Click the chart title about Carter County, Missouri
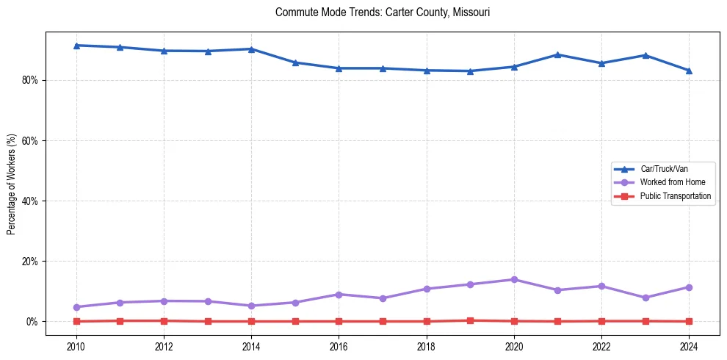click(382, 12)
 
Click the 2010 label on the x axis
click(76, 345)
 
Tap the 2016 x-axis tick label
click(339, 345)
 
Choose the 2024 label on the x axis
click(689, 345)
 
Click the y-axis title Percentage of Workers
click(12, 184)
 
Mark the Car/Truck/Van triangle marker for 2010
click(76, 46)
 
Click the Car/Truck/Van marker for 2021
click(557, 54)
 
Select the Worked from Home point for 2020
click(514, 279)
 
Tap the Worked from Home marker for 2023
click(645, 298)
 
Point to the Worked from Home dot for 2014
click(251, 306)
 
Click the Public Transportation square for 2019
click(470, 320)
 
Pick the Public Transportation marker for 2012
click(164, 320)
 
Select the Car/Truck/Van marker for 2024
click(689, 71)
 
